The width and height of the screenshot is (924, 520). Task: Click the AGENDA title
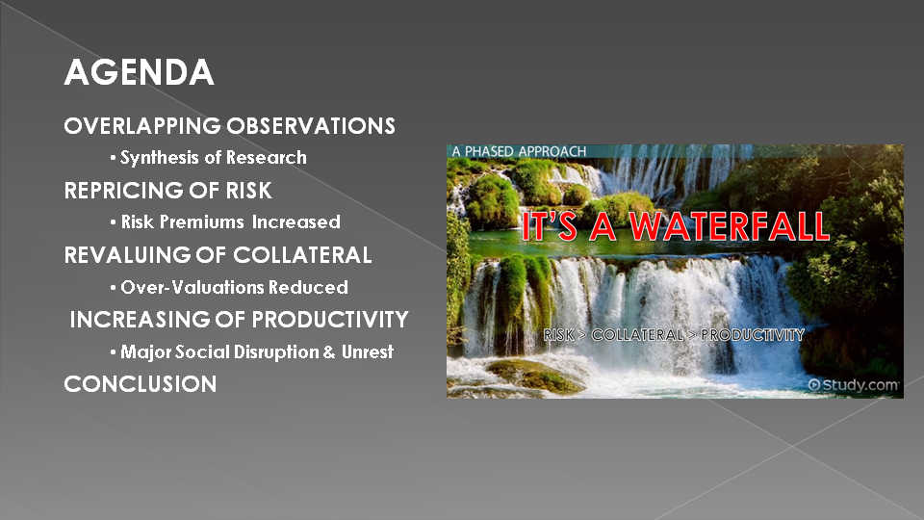[139, 72]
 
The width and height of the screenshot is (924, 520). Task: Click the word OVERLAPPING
[142, 126]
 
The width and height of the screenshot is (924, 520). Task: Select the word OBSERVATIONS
[311, 126]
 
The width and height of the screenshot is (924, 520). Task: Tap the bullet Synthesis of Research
[209, 157]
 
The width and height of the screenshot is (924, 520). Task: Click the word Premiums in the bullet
[202, 221]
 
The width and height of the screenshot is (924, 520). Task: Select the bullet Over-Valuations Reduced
[229, 287]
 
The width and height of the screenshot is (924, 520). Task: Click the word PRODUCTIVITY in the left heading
[330, 320]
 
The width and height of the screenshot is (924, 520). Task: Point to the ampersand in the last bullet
[329, 352]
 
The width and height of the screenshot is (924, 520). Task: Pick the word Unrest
[368, 352]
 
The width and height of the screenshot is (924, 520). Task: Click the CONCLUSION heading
[141, 384]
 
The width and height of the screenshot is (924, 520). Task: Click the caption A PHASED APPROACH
[519, 151]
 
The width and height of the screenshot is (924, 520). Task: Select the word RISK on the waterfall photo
[558, 335]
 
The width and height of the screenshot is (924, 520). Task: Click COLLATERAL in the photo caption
[637, 335]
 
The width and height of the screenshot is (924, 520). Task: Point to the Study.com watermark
[854, 385]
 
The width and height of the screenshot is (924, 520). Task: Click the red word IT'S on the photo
[550, 226]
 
